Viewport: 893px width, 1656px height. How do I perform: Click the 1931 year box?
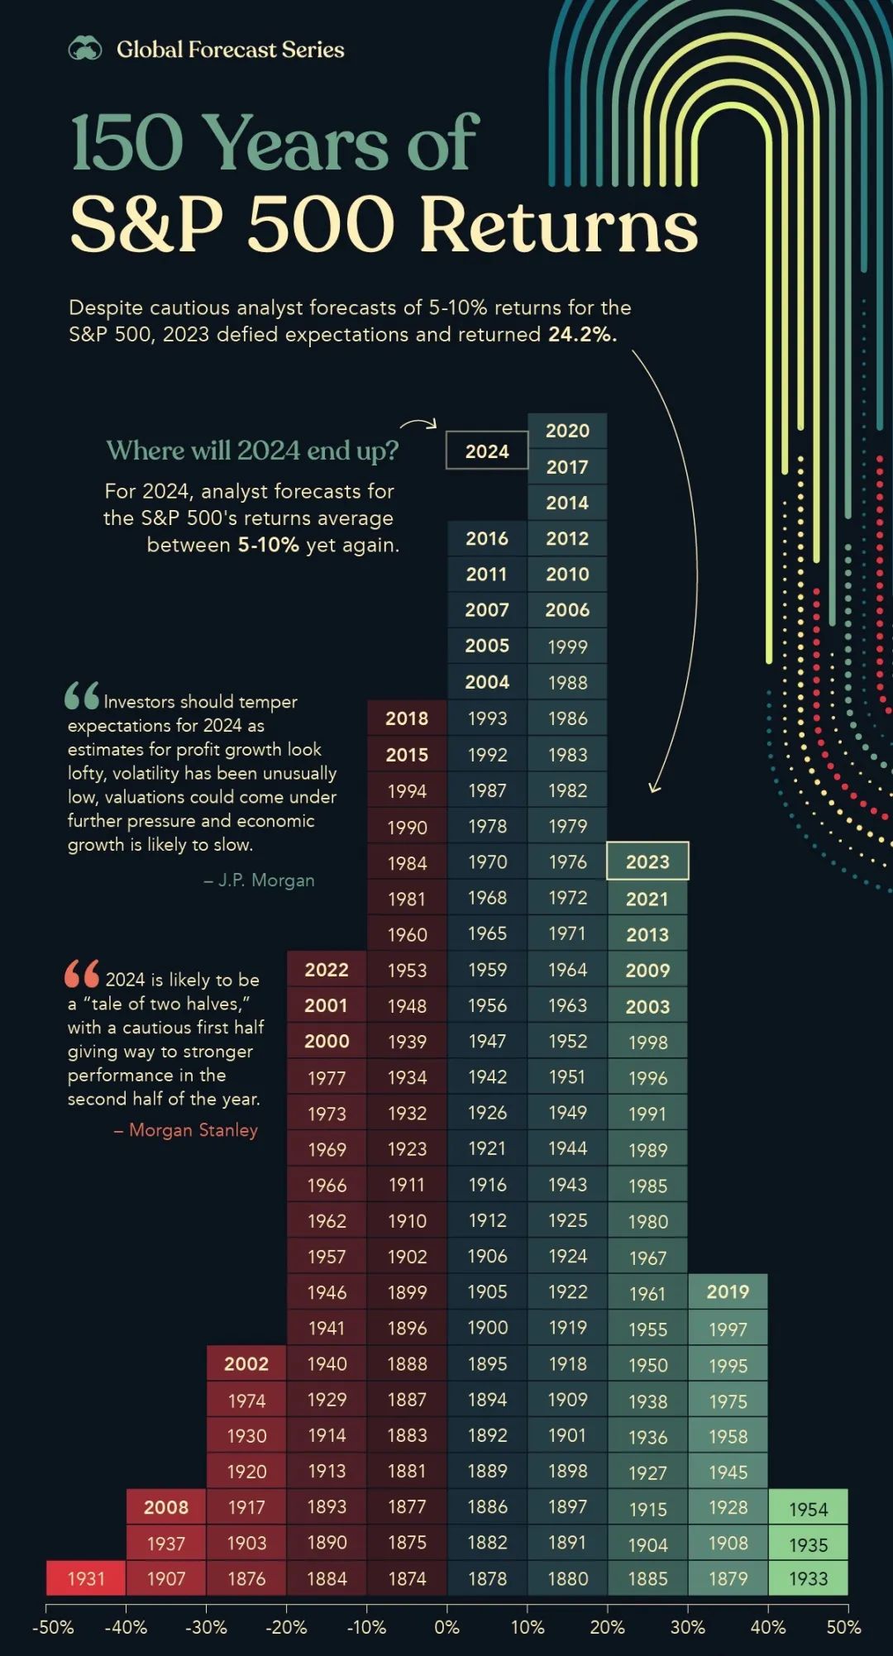pyautogui.click(x=86, y=1578)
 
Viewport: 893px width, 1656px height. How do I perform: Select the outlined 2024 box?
pyautogui.click(x=487, y=451)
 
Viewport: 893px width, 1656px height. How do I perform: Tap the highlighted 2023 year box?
pyautogui.click(x=647, y=861)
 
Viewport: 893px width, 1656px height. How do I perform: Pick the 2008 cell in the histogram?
pyautogui.click(x=166, y=1506)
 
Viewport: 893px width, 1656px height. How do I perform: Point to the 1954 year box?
pyautogui.click(x=808, y=1509)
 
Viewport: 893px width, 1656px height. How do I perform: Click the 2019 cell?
pyautogui.click(x=728, y=1291)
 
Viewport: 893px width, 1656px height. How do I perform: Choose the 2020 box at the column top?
pyautogui.click(x=567, y=431)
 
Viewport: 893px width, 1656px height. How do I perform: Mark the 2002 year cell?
pyautogui.click(x=246, y=1363)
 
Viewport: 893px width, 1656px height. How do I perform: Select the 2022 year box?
pyautogui.click(x=327, y=969)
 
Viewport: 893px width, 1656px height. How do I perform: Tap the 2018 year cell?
pyautogui.click(x=407, y=718)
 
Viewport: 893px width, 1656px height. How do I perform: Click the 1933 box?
pyautogui.click(x=808, y=1578)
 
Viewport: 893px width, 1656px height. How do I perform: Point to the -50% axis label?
pyautogui.click(x=53, y=1627)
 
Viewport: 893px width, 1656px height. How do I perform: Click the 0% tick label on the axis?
pyautogui.click(x=446, y=1627)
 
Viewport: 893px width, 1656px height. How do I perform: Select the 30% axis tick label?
pyautogui.click(x=687, y=1627)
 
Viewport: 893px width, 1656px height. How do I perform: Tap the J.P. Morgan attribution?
pyautogui.click(x=260, y=880)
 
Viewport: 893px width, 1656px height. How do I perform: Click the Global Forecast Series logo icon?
pyautogui.click(x=84, y=50)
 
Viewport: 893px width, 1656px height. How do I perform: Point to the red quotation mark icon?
pyautogui.click(x=82, y=974)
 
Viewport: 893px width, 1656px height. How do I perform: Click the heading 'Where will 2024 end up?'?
pyautogui.click(x=252, y=451)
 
